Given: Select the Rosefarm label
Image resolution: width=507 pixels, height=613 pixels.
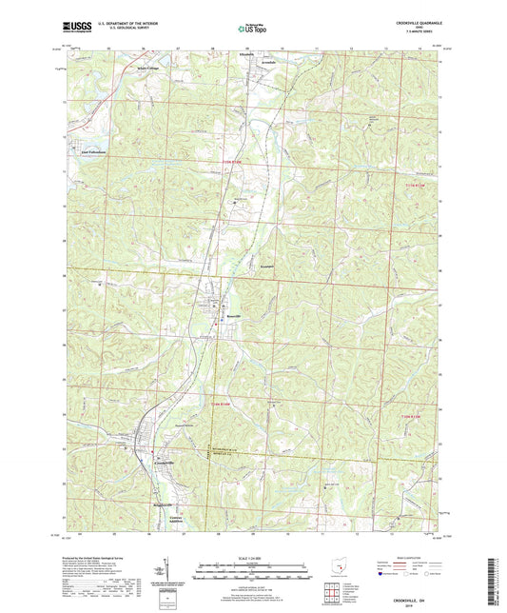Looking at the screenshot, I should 267,266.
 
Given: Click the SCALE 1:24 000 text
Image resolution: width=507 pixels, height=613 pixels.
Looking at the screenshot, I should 253,557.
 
